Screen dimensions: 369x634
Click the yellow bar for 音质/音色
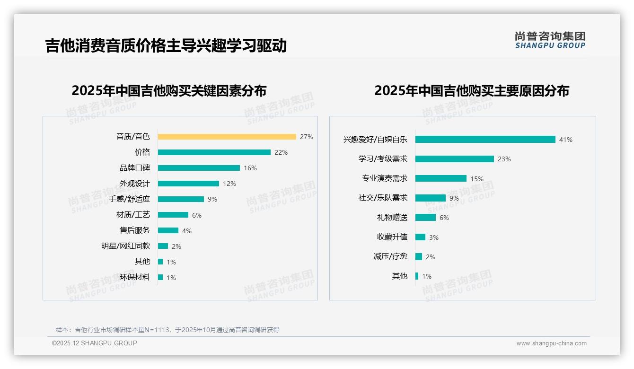click(x=227, y=137)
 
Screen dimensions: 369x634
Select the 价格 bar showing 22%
click(x=214, y=152)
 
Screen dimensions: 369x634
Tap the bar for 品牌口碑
click(x=199, y=168)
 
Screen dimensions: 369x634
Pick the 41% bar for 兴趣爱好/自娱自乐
click(x=485, y=140)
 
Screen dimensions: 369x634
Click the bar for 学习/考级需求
click(x=454, y=159)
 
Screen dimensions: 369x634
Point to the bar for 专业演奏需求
click(x=440, y=178)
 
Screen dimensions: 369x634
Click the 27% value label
click(x=306, y=137)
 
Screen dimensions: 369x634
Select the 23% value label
click(x=504, y=159)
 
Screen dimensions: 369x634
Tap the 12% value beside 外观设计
click(x=229, y=184)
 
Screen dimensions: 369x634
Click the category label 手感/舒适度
click(x=129, y=199)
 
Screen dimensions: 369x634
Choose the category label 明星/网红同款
click(x=125, y=246)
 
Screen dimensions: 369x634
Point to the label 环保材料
click(x=134, y=277)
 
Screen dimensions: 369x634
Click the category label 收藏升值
click(x=392, y=237)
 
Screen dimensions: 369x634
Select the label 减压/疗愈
click(x=390, y=256)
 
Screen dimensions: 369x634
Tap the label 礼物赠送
click(x=392, y=218)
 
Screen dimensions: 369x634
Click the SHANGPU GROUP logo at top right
click(x=550, y=40)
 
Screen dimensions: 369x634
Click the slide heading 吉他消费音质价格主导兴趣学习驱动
click(x=166, y=46)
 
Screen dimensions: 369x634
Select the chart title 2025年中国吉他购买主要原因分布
click(x=471, y=90)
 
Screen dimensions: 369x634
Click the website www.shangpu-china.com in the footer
click(x=551, y=343)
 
